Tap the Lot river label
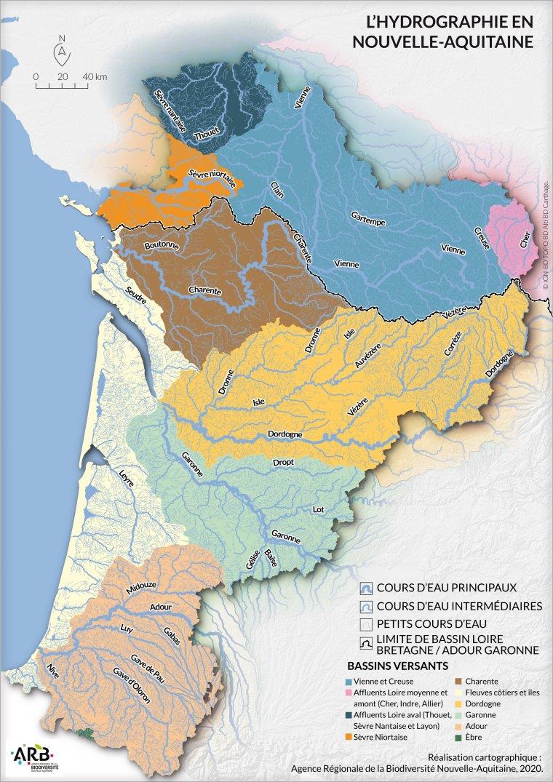[318, 510]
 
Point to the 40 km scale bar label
[95, 76]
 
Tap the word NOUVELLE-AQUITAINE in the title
[441, 41]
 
